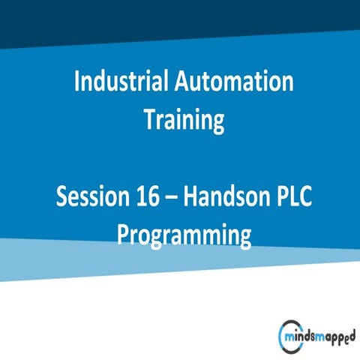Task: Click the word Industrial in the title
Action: tap(122, 81)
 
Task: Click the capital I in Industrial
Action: tap(77, 81)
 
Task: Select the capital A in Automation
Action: tap(182, 81)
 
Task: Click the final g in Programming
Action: tap(243, 238)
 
